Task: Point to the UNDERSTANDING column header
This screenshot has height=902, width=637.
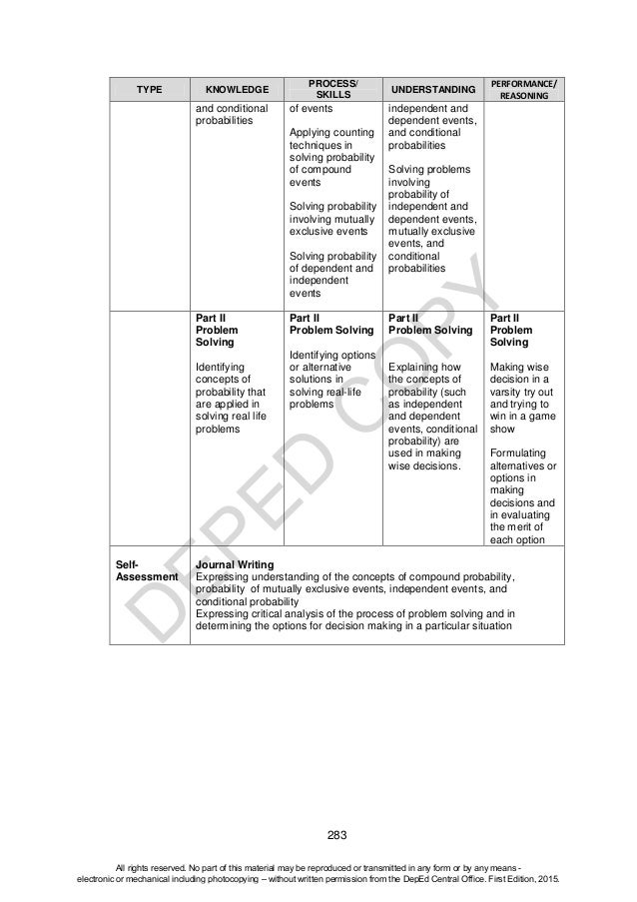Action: tap(432, 88)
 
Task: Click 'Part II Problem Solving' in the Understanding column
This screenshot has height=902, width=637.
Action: tap(429, 323)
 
